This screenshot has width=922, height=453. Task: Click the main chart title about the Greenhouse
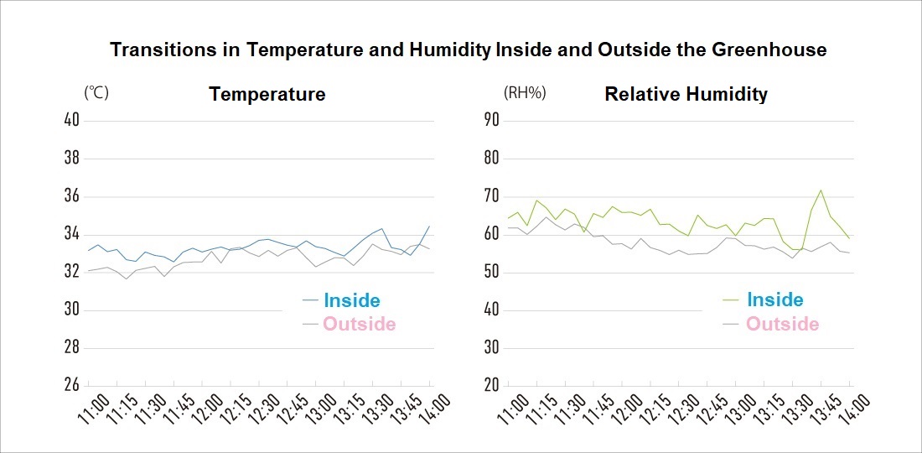coord(469,49)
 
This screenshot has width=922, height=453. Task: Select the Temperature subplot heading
coord(267,94)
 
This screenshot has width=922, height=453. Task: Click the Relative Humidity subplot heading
coord(686,94)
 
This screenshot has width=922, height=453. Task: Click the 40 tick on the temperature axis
coord(71,120)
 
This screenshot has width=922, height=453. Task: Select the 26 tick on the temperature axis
coord(71,385)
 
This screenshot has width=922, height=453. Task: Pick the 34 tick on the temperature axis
coord(71,233)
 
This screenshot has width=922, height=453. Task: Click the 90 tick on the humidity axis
coord(491,120)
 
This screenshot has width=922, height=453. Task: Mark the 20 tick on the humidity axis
coord(491,385)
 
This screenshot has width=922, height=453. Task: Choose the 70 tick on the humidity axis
coord(491,195)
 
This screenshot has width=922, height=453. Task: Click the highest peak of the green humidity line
coord(821,190)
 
